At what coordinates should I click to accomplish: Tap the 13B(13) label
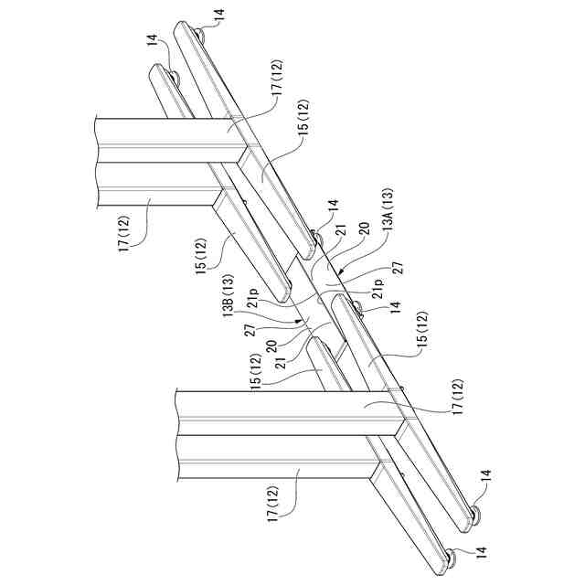point(230,298)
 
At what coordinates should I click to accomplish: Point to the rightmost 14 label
point(485,475)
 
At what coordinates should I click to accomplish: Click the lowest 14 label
point(477,552)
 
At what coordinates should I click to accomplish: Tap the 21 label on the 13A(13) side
point(339,234)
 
